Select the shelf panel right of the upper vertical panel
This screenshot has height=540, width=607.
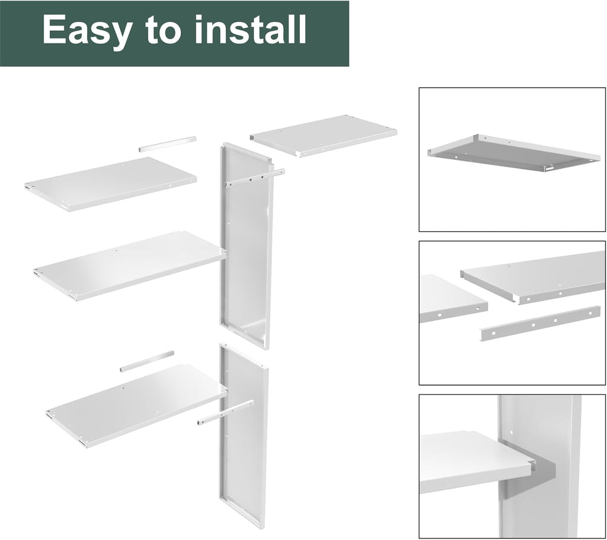pyautogui.click(x=324, y=135)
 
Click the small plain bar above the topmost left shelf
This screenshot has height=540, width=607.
pyautogui.click(x=167, y=144)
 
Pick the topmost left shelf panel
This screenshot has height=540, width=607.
pyautogui.click(x=111, y=183)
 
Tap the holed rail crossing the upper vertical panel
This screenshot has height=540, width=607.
pyautogui.click(x=254, y=177)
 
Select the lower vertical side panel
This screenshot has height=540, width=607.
pyautogui.click(x=243, y=439)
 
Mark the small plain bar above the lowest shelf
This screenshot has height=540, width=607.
pyautogui.click(x=147, y=361)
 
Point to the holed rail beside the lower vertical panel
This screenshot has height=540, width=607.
pyautogui.click(x=225, y=413)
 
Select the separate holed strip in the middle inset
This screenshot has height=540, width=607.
pyautogui.click(x=540, y=323)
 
